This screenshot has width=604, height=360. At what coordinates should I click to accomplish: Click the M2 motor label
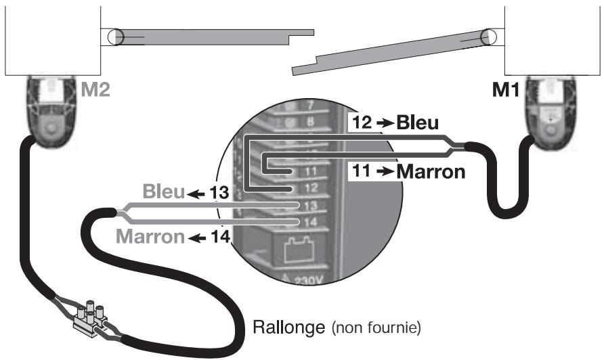click(95, 89)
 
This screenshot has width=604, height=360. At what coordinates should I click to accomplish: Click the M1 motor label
click(506, 90)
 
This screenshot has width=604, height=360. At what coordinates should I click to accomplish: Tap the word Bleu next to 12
click(417, 122)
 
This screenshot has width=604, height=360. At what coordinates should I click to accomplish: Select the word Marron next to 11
click(431, 171)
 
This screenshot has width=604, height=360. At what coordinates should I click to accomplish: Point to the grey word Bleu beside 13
click(164, 192)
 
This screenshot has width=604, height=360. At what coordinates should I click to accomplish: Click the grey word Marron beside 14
click(150, 236)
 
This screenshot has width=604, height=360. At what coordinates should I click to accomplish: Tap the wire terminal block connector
click(90, 319)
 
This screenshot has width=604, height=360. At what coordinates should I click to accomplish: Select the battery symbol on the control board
click(299, 249)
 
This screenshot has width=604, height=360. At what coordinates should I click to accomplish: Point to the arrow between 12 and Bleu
click(385, 123)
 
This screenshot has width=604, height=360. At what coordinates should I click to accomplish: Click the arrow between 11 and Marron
click(385, 172)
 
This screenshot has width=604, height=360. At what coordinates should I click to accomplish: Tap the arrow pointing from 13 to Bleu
click(196, 194)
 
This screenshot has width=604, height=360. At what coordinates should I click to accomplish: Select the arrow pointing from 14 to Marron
click(198, 239)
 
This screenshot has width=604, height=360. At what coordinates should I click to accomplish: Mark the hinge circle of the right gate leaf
click(488, 37)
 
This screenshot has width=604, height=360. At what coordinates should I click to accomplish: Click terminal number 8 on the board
click(310, 122)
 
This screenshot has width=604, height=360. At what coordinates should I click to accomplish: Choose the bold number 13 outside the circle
click(219, 192)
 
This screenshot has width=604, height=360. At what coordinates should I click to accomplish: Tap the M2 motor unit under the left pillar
click(50, 112)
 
